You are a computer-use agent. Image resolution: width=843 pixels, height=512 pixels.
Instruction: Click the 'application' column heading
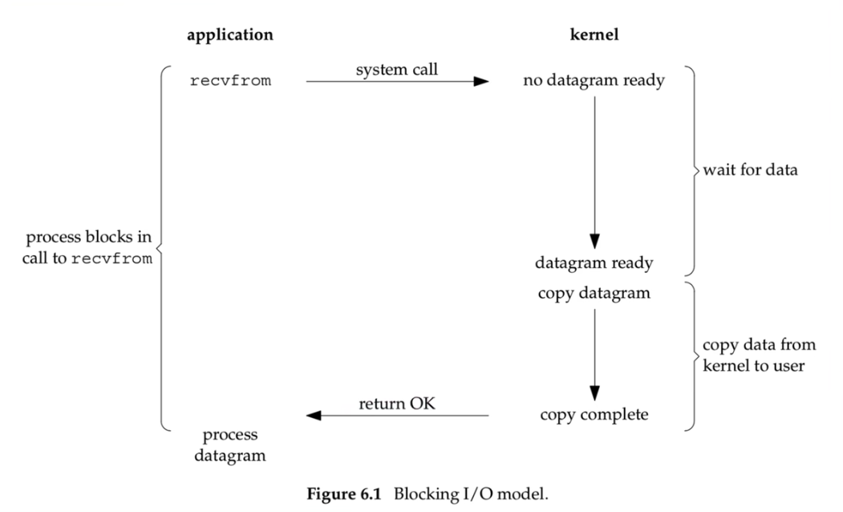[x=230, y=35]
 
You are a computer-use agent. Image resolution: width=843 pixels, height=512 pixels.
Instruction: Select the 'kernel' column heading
[x=594, y=35]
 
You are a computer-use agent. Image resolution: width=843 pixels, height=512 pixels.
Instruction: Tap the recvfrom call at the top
[x=230, y=81]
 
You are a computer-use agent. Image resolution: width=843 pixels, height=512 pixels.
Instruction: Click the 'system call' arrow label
[x=396, y=70]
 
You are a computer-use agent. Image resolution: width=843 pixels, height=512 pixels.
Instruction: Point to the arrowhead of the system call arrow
[x=481, y=81]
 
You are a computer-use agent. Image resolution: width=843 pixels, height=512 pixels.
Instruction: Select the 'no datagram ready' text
[x=594, y=81]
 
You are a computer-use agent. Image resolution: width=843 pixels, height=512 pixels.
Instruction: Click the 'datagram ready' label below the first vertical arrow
[x=594, y=262]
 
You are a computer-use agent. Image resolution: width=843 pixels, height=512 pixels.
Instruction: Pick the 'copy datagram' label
[x=594, y=292]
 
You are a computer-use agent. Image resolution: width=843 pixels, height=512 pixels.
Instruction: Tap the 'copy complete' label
[x=594, y=416]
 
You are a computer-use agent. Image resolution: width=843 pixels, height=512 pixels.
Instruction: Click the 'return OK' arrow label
[x=396, y=404]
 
